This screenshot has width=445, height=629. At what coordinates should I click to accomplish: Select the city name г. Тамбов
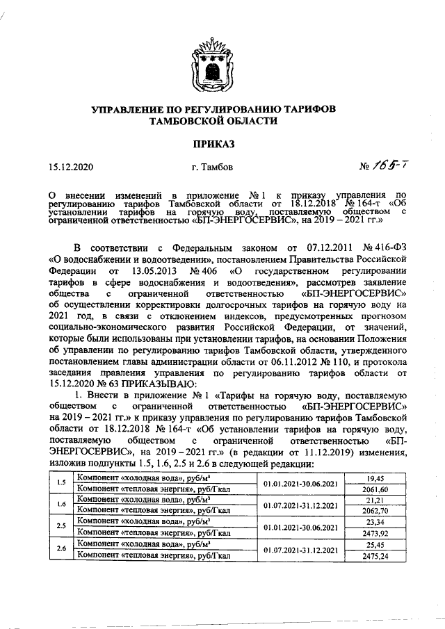pos(216,167)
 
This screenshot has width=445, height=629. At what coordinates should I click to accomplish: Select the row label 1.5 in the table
pos(61,484)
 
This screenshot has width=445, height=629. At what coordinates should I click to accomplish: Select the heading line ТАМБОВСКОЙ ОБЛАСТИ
pos(214,120)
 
